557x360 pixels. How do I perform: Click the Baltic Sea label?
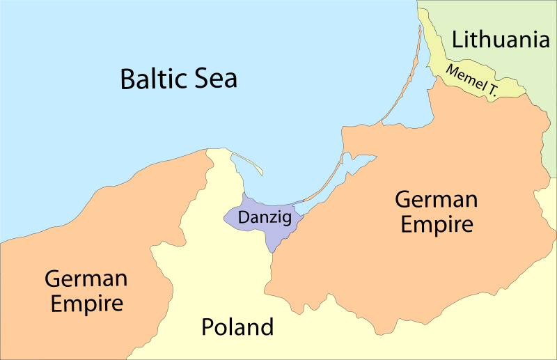178,78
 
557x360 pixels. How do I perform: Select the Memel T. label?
471,79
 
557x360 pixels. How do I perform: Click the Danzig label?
263,217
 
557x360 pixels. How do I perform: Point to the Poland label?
237,327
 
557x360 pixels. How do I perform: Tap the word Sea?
214,78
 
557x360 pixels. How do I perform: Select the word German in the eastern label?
436,200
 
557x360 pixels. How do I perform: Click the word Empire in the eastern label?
436,225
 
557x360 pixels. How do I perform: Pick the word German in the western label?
86,279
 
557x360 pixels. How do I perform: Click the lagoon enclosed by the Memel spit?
418,104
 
